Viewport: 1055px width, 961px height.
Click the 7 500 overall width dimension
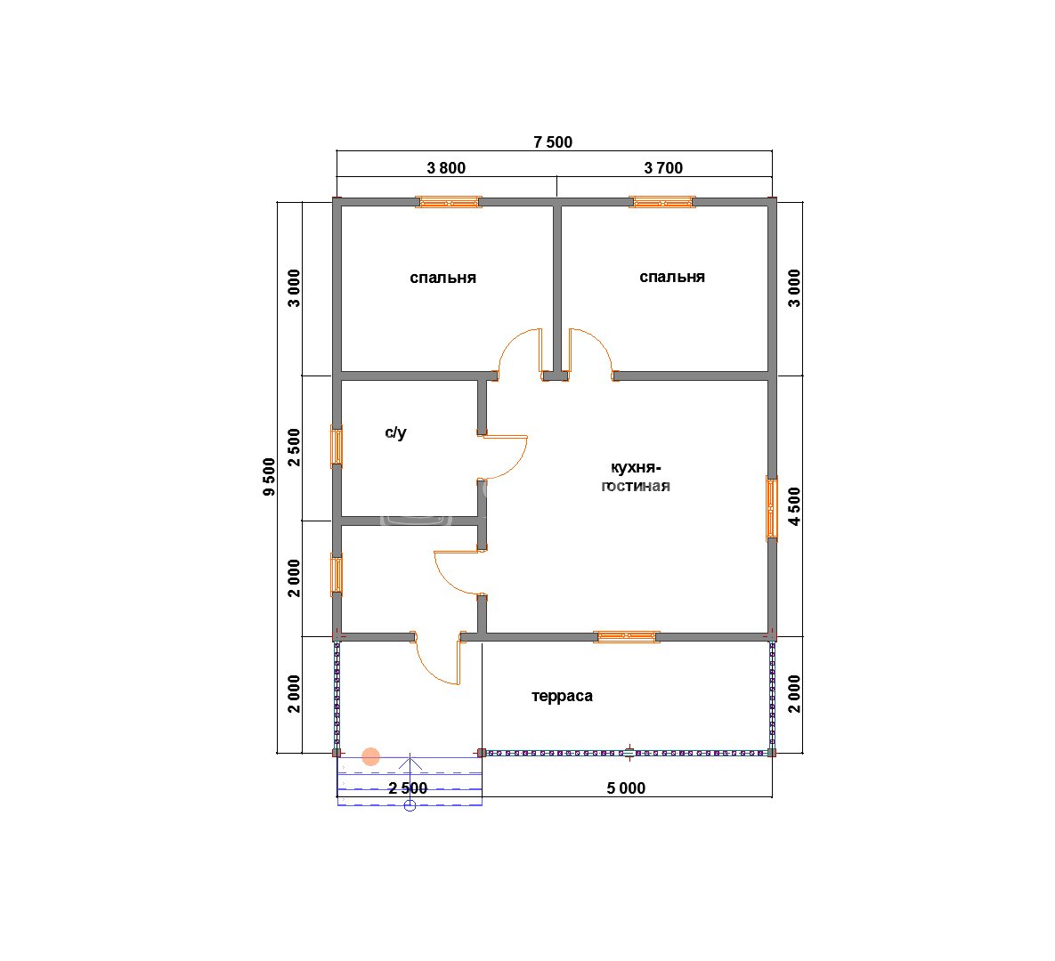[552, 141]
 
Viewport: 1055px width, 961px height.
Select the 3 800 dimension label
[446, 167]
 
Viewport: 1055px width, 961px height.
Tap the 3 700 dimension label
[663, 167]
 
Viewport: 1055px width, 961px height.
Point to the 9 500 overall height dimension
[269, 477]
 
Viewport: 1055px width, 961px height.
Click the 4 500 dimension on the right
[795, 506]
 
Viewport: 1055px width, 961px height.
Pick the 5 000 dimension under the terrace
[626, 788]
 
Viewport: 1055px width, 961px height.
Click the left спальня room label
[442, 278]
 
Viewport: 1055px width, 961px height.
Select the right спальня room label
[672, 277]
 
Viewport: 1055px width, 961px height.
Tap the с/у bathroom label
[395, 432]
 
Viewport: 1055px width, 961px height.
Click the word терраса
[562, 696]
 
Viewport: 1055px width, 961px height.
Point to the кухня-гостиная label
[635, 477]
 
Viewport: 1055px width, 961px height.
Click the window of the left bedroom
[448, 202]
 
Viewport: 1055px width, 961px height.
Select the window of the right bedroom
[662, 202]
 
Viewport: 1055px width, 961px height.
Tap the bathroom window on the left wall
[337, 447]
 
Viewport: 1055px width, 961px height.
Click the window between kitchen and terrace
[627, 636]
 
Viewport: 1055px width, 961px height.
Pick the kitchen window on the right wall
[772, 508]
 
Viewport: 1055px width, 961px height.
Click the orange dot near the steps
[370, 757]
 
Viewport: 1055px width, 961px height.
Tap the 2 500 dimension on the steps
[408, 788]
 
